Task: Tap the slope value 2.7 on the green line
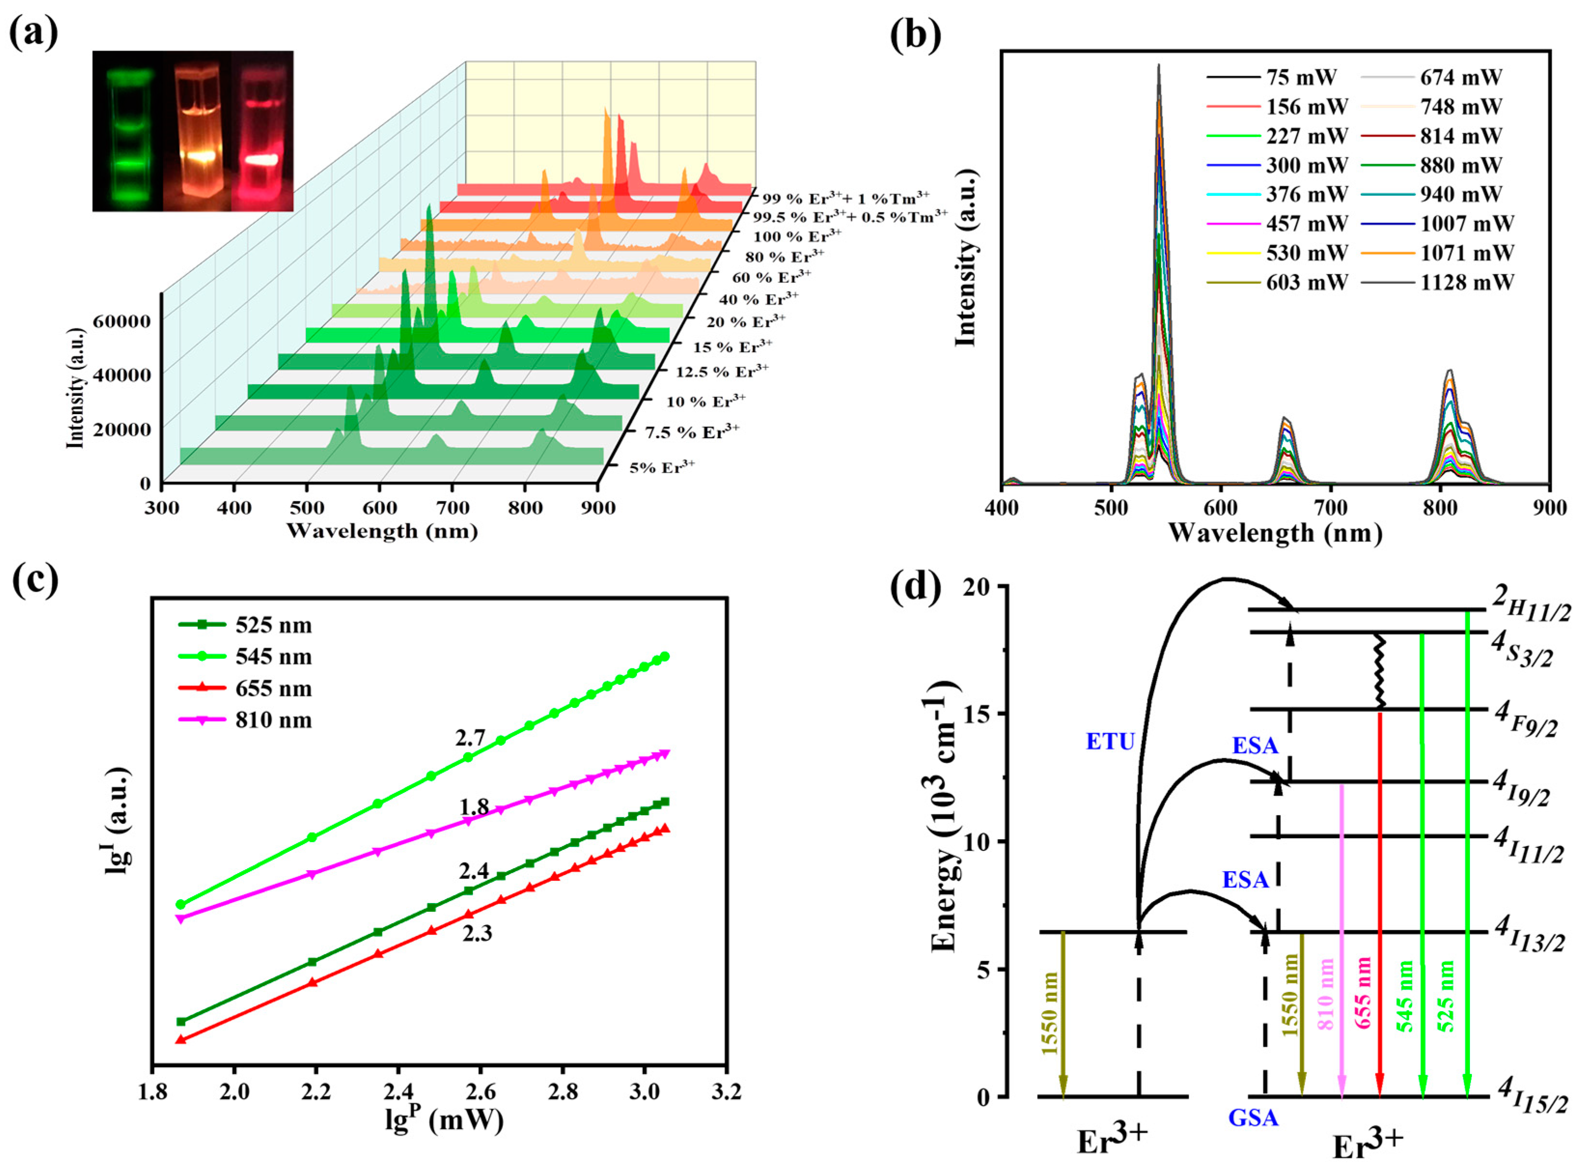pos(470,738)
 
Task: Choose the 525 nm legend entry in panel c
pos(273,626)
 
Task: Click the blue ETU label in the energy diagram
pos(1110,742)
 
